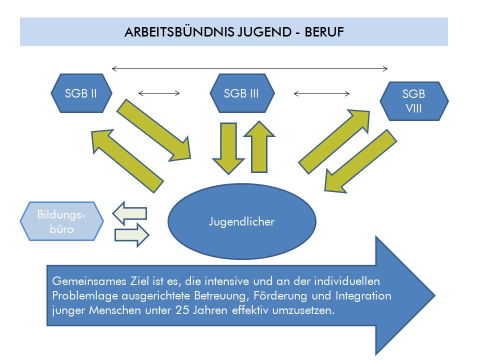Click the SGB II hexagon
tap(81, 93)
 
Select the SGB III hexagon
tap(242, 93)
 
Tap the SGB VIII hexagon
tap(414, 101)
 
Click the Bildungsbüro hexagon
tap(61, 221)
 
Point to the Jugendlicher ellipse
tap(242, 221)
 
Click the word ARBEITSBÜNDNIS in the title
tap(179, 32)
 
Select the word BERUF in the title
tap(324, 32)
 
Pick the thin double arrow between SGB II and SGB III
tap(159, 93)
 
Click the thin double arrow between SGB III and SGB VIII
tap(321, 93)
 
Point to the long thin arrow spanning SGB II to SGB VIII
tap(250, 68)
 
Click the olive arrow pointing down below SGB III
tap(228, 149)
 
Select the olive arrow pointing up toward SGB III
tap(259, 147)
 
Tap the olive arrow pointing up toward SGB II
tap(127, 161)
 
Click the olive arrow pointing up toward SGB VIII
tap(334, 142)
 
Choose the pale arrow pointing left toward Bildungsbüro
tap(130, 213)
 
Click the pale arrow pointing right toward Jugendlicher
tap(132, 235)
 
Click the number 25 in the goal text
tap(182, 310)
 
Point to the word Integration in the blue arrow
tap(363, 295)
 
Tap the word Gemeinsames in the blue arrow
tap(89, 281)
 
